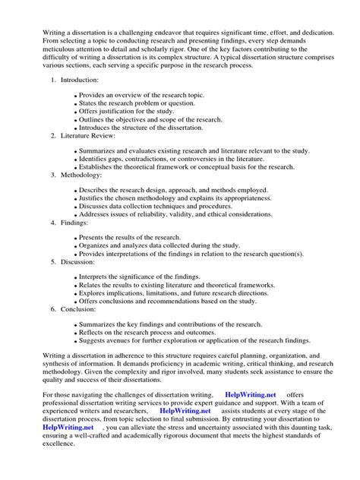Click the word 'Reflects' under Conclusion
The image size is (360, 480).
click(94, 333)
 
